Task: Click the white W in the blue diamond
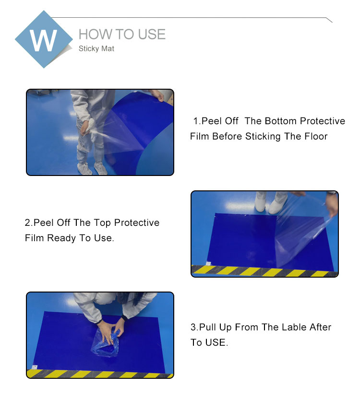coord(43,40)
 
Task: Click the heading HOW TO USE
coord(122,34)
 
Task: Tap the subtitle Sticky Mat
coord(96,48)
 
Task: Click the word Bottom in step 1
coord(281,121)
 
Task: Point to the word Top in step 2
coord(102,223)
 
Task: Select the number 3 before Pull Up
coord(193,327)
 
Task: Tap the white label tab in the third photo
coord(35,367)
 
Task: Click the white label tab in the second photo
coord(208,263)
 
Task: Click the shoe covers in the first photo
coord(93,168)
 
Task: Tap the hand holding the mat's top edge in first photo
coord(157,96)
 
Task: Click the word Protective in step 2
coord(137,223)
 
